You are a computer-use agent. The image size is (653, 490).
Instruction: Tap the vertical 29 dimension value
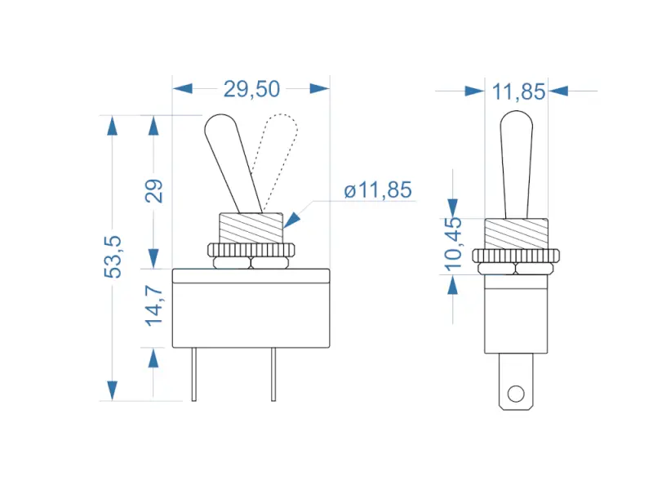point(154,190)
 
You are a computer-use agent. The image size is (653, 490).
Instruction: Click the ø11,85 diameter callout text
point(378,190)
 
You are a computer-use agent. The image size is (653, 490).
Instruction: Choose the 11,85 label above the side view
point(518,91)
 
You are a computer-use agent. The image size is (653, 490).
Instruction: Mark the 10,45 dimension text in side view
point(455,243)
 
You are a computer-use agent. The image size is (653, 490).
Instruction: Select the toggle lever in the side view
point(515,163)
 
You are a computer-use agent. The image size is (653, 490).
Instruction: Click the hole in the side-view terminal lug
point(514,394)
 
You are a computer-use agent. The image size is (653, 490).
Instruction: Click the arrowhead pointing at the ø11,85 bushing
point(291,219)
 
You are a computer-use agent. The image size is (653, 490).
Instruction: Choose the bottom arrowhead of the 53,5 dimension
point(112,390)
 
